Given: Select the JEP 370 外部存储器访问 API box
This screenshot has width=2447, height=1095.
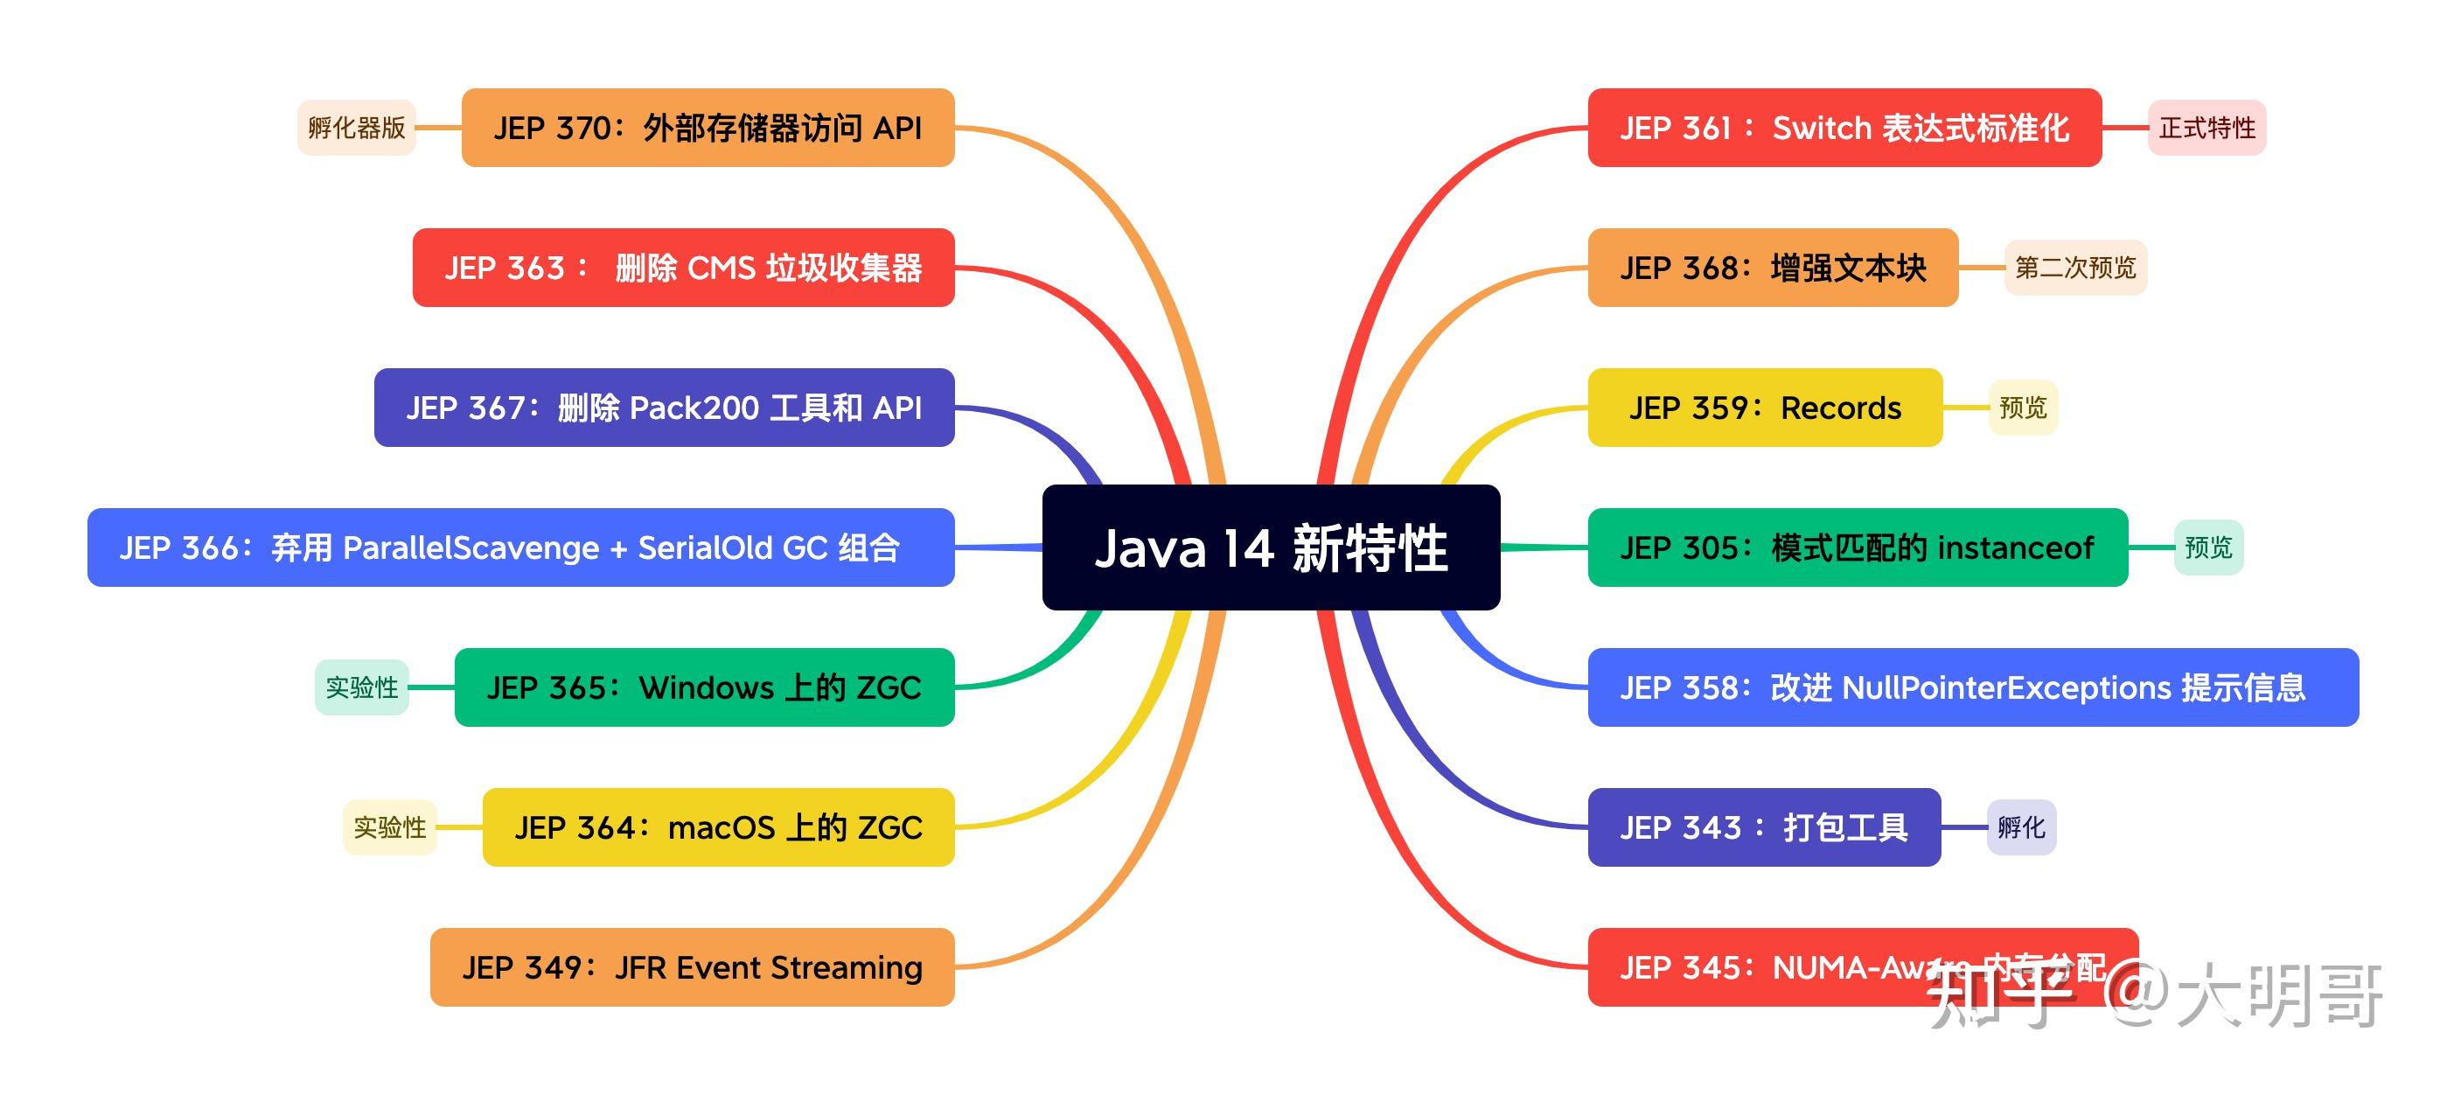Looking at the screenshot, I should pyautogui.click(x=708, y=128).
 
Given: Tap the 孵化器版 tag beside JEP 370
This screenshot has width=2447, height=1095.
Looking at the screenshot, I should pyautogui.click(x=356, y=128).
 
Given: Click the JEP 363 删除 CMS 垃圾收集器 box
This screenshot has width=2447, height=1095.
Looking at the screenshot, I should pyautogui.click(x=683, y=267).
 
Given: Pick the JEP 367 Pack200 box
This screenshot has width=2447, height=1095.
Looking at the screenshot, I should pyautogui.click(x=664, y=408).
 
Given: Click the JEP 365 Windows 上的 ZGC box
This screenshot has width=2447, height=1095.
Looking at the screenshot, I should pyautogui.click(x=704, y=687).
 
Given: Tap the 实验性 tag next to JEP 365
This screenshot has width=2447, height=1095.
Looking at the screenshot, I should pyautogui.click(x=362, y=687).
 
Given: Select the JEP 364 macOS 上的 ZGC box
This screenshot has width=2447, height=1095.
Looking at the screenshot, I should pyautogui.click(x=718, y=826).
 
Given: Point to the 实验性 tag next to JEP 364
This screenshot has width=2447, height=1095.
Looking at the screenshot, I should pyautogui.click(x=389, y=826).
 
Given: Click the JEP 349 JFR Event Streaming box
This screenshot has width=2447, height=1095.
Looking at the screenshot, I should pyautogui.click(x=692, y=966).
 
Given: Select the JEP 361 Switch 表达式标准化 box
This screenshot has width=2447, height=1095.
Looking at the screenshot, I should pyautogui.click(x=1844, y=128).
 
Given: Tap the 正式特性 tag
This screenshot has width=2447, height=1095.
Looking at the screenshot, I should pyautogui.click(x=2206, y=128).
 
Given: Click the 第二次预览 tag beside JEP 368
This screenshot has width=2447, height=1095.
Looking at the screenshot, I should pyautogui.click(x=2074, y=267).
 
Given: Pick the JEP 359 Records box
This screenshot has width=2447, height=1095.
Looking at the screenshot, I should pyautogui.click(x=1765, y=408).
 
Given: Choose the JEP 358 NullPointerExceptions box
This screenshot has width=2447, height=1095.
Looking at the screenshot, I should pyautogui.click(x=1973, y=687).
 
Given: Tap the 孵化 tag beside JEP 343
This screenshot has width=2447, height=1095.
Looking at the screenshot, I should pyautogui.click(x=2021, y=826).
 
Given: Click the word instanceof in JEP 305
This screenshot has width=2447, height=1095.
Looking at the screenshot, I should pyautogui.click(x=2015, y=548).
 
